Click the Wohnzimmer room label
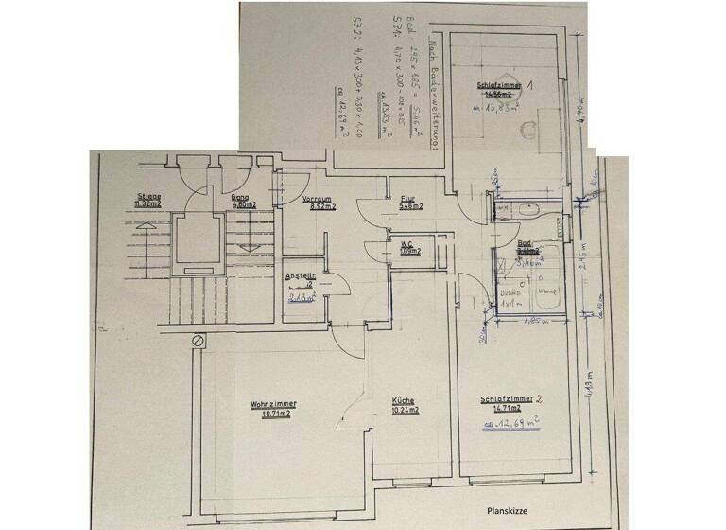pyautogui.click(x=269, y=404)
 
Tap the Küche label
pyautogui.click(x=404, y=400)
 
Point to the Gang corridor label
pyautogui.click(x=239, y=197)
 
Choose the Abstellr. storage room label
pyautogui.click(x=301, y=276)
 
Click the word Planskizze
pyautogui.click(x=508, y=510)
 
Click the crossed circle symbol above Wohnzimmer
pyautogui.click(x=198, y=339)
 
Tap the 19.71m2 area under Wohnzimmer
pyautogui.click(x=270, y=414)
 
